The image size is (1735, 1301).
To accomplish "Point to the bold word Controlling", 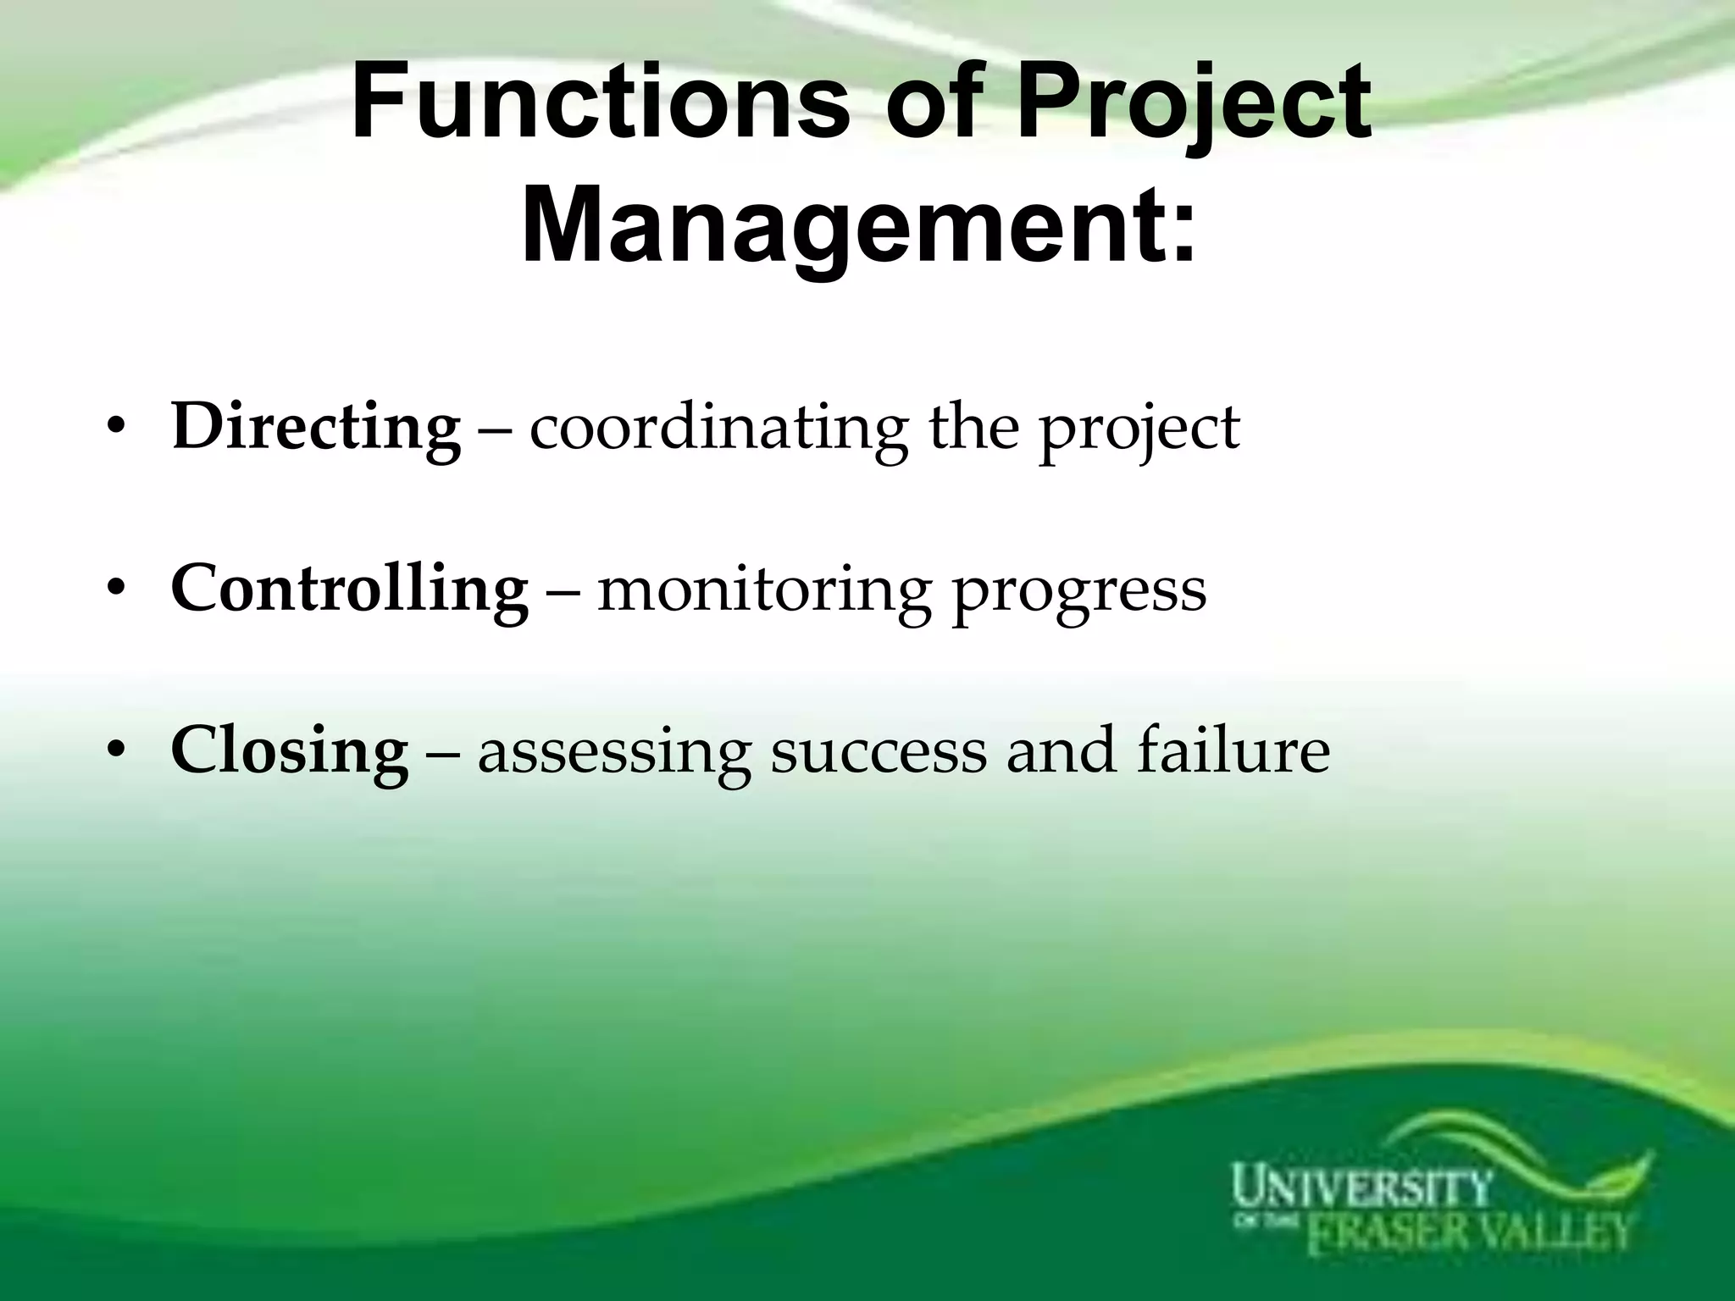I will coord(349,589).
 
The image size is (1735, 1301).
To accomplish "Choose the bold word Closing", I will coord(289,751).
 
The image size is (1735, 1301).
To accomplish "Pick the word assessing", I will coord(614,753).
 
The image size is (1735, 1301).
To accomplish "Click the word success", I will coord(878,751).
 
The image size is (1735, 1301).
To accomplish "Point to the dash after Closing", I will coord(442,753).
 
